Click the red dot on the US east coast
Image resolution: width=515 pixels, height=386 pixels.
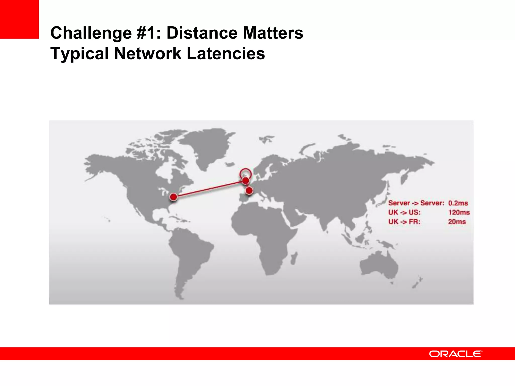[x=174, y=197]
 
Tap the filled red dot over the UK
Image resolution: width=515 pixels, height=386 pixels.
[x=245, y=180]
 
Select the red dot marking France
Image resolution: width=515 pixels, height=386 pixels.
[x=249, y=190]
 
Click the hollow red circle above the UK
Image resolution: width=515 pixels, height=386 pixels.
[x=245, y=173]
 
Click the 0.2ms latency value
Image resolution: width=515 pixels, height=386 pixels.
[x=458, y=203]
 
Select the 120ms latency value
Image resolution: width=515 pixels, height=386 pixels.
[x=459, y=212]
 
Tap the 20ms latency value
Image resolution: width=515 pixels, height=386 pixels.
[x=457, y=222]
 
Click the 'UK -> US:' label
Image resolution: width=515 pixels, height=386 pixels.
[x=404, y=212]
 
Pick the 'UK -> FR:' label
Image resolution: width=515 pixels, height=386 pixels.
[x=404, y=222]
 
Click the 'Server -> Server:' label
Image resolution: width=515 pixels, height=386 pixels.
[x=416, y=203]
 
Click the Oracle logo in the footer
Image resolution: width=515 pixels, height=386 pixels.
[x=455, y=354]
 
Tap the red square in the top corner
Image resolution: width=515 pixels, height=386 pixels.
[x=19, y=19]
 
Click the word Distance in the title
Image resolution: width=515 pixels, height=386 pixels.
[x=202, y=33]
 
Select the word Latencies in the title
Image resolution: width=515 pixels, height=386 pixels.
[x=226, y=54]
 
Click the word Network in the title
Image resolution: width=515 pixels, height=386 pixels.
[x=148, y=54]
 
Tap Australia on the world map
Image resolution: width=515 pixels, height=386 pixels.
[x=378, y=265]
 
